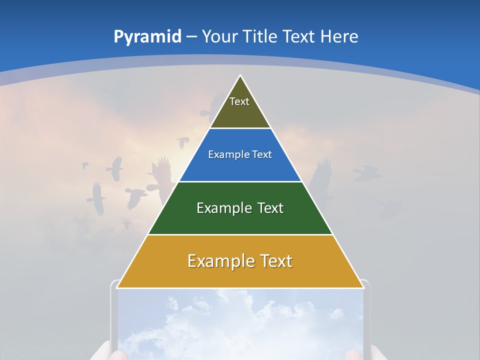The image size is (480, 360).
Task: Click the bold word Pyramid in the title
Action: (147, 36)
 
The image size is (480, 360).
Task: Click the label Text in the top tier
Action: (239, 101)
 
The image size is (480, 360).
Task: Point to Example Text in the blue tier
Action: (240, 154)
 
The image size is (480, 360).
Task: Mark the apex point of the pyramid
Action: (240, 76)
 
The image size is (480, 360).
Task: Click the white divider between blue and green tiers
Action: (240, 181)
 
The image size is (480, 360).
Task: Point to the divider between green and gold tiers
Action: (240, 234)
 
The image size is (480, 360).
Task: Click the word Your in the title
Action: (219, 36)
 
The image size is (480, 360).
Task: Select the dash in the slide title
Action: (192, 37)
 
